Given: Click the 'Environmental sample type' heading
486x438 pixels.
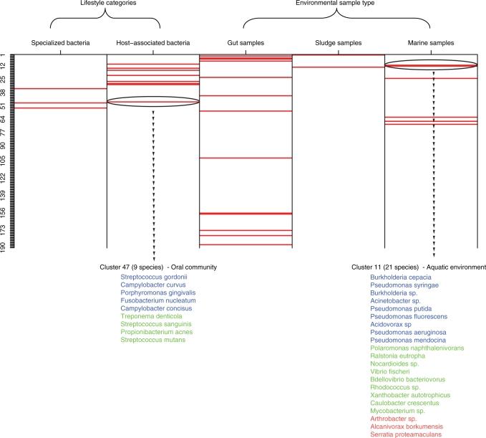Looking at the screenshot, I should click(x=338, y=4).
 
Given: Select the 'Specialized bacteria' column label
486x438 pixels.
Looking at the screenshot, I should click(x=60, y=44).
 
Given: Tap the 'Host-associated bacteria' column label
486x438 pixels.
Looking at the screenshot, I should click(x=152, y=44).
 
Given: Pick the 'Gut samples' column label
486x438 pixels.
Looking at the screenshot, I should click(x=246, y=44).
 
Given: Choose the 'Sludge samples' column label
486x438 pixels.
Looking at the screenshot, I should click(x=338, y=44).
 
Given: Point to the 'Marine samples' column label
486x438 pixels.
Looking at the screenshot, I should click(x=431, y=44).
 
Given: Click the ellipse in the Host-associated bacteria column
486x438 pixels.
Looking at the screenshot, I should click(x=152, y=101).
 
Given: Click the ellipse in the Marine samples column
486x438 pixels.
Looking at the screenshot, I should click(x=431, y=66).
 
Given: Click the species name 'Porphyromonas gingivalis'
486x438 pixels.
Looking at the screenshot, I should click(x=157, y=292).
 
